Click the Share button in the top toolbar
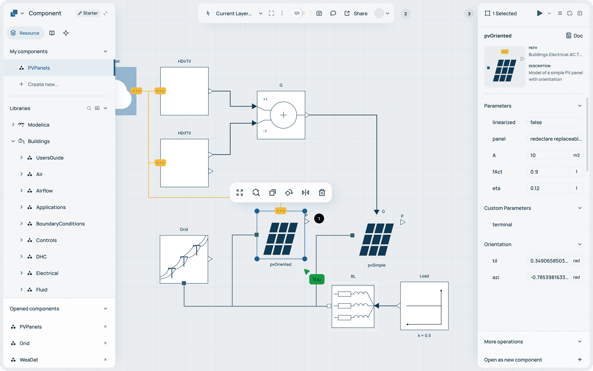(356, 13)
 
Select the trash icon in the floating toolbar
(322, 192)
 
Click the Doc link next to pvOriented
(574, 36)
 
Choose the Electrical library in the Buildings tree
(47, 273)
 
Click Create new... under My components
(43, 85)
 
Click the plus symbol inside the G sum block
(283, 115)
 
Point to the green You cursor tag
(317, 279)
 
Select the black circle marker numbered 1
(319, 219)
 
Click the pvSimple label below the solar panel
(376, 265)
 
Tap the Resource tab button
(25, 33)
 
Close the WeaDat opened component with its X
(105, 359)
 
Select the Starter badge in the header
(88, 13)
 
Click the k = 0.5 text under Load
(424, 335)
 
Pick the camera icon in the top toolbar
(319, 13)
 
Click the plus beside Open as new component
(580, 360)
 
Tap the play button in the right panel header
(539, 13)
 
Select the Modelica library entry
(39, 125)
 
